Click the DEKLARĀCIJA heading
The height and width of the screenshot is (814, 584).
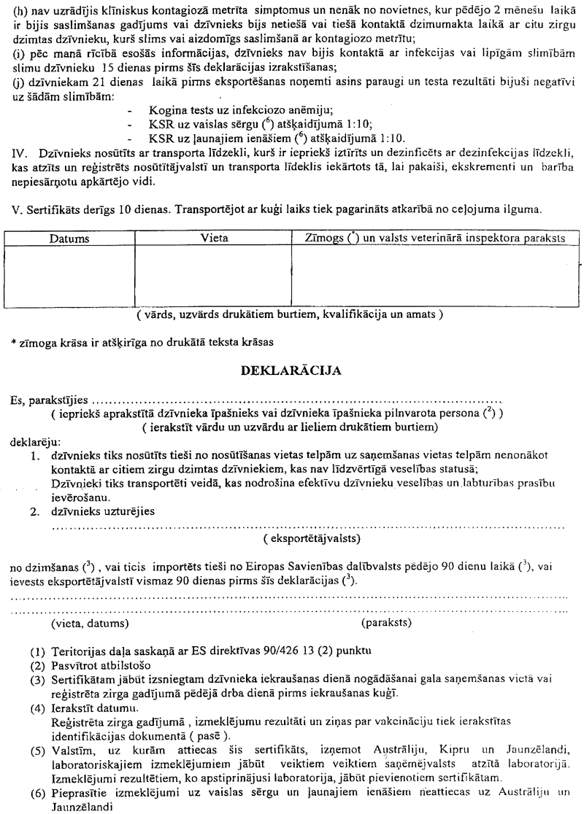pos(292,371)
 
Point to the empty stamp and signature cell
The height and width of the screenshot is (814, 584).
pos(437,274)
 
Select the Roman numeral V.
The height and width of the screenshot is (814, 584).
pos(9,209)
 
